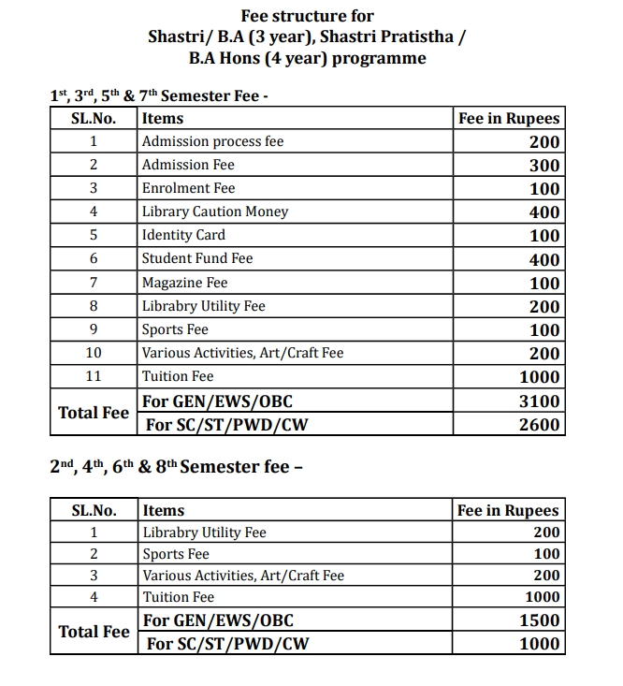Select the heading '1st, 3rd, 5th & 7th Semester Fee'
(x=159, y=96)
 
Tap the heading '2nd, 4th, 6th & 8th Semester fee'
(x=175, y=466)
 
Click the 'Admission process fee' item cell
(x=212, y=141)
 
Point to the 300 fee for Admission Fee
(x=543, y=166)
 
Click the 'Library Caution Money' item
(x=215, y=212)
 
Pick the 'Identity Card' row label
(x=183, y=235)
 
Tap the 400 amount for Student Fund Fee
(x=543, y=259)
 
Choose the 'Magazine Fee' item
(x=184, y=283)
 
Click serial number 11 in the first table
(x=94, y=376)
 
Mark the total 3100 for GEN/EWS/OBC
(x=540, y=401)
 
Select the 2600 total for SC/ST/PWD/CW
(x=540, y=425)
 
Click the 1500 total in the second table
(x=540, y=620)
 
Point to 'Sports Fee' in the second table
(x=176, y=554)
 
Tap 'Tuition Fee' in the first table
(x=178, y=376)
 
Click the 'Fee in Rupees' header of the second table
(x=508, y=511)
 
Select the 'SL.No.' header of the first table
(x=94, y=119)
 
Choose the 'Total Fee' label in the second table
(x=94, y=632)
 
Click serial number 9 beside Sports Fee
(x=94, y=329)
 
